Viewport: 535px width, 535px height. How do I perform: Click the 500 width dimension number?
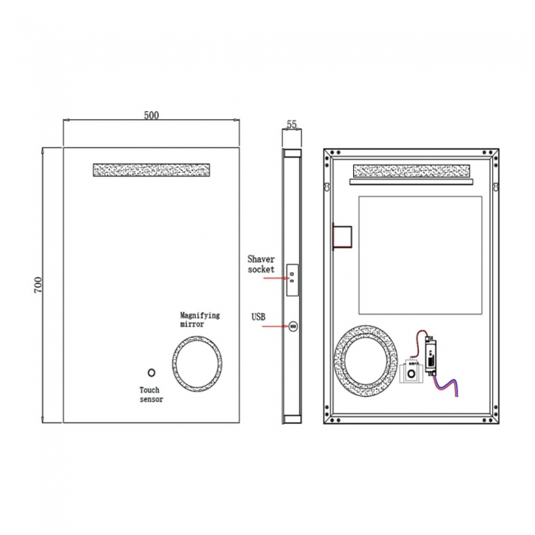(151, 115)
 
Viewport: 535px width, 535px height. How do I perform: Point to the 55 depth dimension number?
(291, 124)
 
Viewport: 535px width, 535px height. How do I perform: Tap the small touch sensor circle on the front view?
(151, 372)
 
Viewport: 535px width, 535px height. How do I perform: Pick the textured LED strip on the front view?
(151, 169)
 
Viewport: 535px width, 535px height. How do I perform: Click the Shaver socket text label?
(261, 263)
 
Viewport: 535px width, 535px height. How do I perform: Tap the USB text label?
(258, 316)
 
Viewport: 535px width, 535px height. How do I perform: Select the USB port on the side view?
(291, 328)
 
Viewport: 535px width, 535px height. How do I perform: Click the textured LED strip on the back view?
(411, 171)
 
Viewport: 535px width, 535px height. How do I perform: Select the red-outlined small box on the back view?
(342, 235)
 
